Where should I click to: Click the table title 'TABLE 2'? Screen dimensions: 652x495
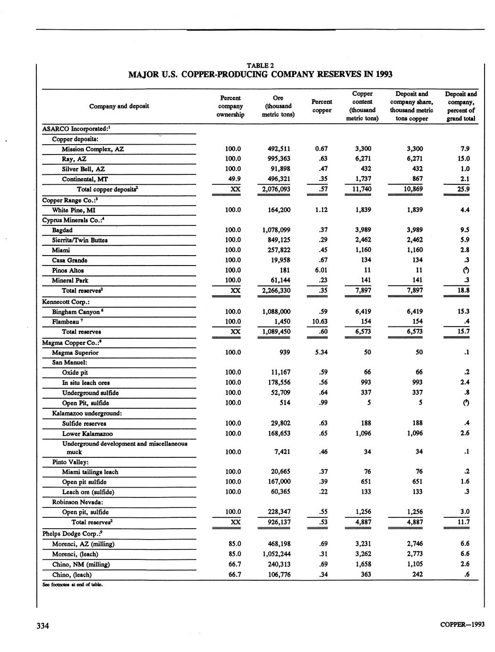[x=260, y=66]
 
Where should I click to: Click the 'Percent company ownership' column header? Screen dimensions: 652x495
[x=230, y=106]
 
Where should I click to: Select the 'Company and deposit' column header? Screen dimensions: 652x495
[x=119, y=106]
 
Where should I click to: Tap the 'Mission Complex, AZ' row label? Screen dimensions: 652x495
[x=93, y=149]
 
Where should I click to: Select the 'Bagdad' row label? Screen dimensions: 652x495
[x=62, y=230]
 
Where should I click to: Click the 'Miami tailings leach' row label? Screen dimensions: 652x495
[x=90, y=472]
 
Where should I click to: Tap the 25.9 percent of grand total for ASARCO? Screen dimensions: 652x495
[x=461, y=189]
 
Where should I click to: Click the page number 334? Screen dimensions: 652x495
[x=43, y=626]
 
